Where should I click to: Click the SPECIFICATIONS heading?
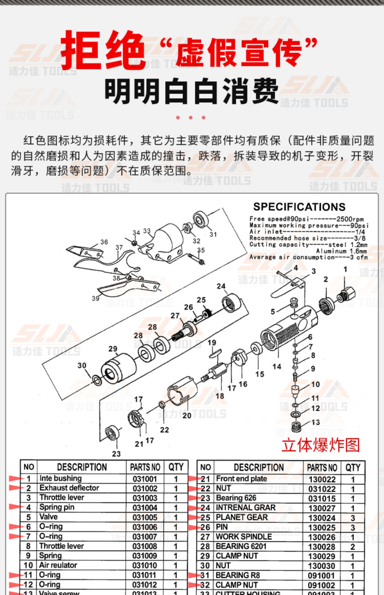coord(299,207)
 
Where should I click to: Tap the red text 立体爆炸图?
coord(321,445)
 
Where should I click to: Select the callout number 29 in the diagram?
coord(113,349)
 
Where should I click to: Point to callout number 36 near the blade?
coord(104,242)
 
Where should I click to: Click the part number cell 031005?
coord(145,517)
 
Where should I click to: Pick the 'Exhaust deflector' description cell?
coord(69,488)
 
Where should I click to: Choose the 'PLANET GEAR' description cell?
coord(242,517)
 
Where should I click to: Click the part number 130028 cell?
coord(322,547)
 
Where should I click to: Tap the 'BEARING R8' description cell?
coord(238,575)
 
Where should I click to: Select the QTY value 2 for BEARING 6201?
coord(353,547)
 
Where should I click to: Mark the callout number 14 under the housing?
coord(277,366)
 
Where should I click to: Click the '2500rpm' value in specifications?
coord(350,219)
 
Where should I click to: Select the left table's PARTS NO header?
coord(145,467)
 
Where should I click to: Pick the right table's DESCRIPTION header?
coord(259,467)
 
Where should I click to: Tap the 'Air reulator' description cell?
coord(58,565)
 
